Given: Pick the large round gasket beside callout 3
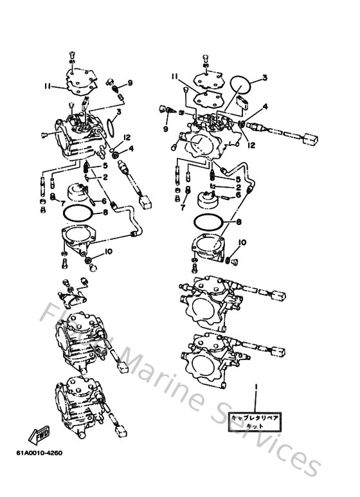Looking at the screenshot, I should tap(239, 89).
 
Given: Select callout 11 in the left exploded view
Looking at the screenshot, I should tap(48, 85).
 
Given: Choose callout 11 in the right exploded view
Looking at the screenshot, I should tap(174, 76).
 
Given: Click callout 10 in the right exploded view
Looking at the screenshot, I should tap(242, 242).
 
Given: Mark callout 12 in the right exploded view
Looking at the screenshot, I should tap(252, 145).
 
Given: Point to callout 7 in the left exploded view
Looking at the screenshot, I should tap(46, 203).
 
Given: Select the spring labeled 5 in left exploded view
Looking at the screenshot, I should tap(88, 170).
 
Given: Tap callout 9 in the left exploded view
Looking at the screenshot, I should tap(129, 82).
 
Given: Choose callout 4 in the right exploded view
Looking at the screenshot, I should tap(265, 106).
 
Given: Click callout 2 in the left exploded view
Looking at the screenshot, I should tap(103, 176).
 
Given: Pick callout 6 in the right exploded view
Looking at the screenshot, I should tap(237, 195).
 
